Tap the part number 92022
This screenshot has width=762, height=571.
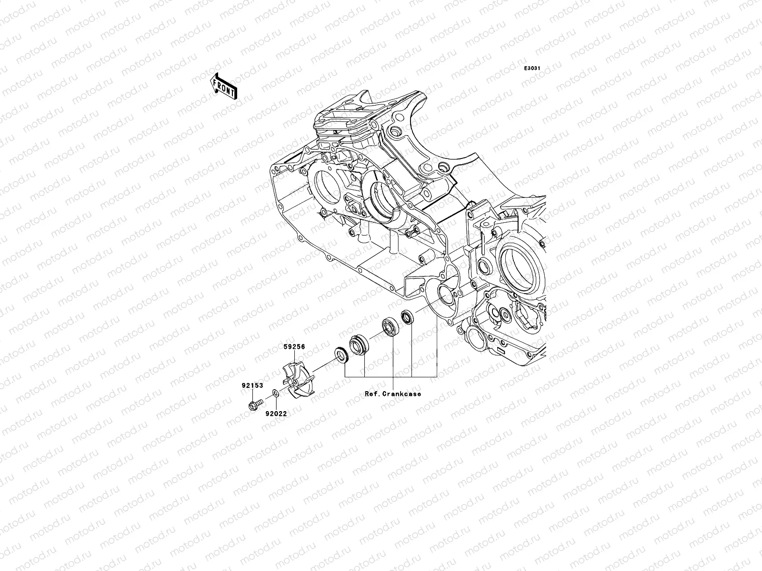pyautogui.click(x=276, y=413)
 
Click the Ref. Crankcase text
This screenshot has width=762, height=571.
pyautogui.click(x=393, y=394)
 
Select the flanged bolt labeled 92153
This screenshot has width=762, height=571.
pyautogui.click(x=253, y=406)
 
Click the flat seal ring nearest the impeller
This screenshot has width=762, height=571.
pyautogui.click(x=341, y=354)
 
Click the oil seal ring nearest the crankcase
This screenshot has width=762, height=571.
pyautogui.click(x=408, y=316)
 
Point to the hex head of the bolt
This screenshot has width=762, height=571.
pyautogui.click(x=251, y=407)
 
